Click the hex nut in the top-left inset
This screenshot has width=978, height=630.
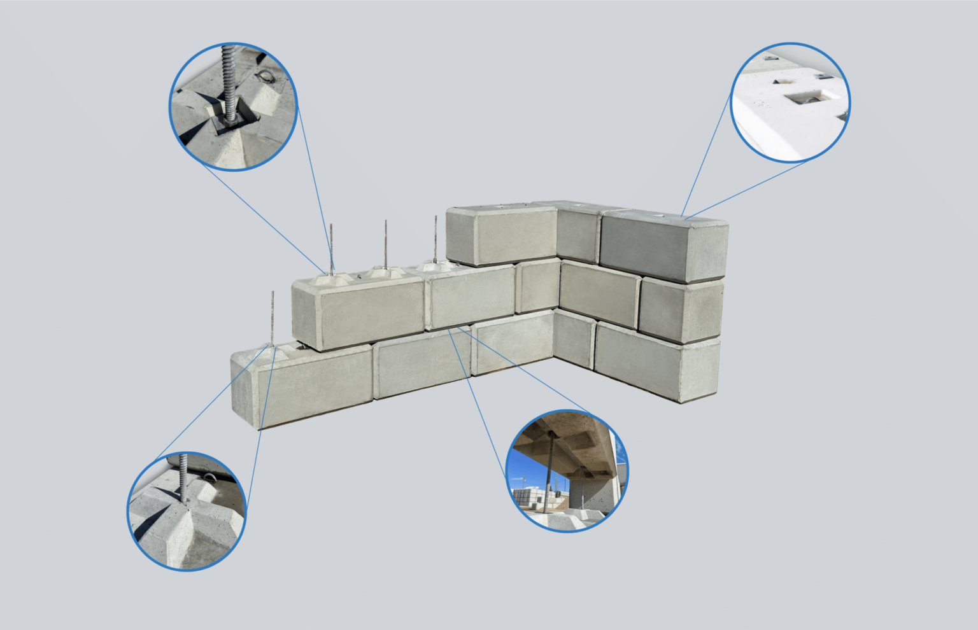(230, 117)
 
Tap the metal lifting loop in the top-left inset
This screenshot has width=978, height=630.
(265, 77)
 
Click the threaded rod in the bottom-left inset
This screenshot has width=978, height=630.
(184, 477)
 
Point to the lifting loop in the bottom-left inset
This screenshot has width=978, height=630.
(211, 479)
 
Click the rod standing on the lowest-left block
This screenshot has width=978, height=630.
(273, 318)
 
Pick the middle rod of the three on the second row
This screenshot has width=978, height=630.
(385, 245)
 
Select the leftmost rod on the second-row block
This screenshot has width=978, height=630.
(332, 248)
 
